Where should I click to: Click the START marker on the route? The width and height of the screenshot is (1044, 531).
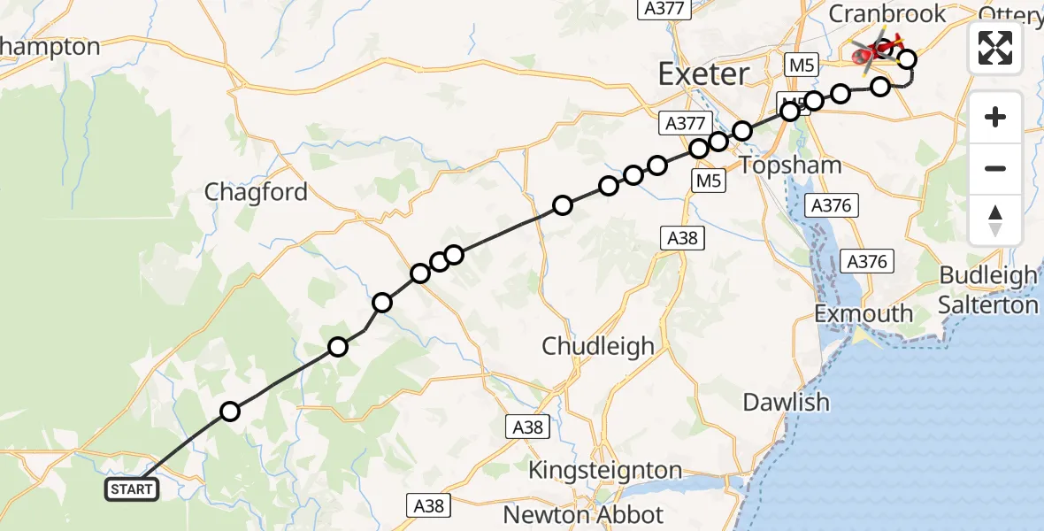[132, 489]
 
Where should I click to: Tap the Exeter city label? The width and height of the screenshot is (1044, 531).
[703, 73]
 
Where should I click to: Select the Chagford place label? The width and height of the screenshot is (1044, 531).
[256, 192]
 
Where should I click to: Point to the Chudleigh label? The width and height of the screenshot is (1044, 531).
[598, 345]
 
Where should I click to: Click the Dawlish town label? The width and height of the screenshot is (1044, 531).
[786, 402]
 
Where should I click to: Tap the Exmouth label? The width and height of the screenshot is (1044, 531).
[864, 313]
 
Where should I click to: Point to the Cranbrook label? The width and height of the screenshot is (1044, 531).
[887, 13]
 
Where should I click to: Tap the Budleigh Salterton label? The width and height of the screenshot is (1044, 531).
[988, 290]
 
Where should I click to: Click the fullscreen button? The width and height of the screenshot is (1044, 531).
[995, 48]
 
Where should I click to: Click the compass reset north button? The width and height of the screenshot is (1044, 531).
[995, 220]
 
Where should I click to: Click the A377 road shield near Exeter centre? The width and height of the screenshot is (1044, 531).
[684, 123]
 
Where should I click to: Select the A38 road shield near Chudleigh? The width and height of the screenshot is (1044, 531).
[685, 237]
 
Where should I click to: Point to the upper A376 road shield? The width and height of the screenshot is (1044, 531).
[830, 206]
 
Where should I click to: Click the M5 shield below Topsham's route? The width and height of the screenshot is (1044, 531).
[710, 181]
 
